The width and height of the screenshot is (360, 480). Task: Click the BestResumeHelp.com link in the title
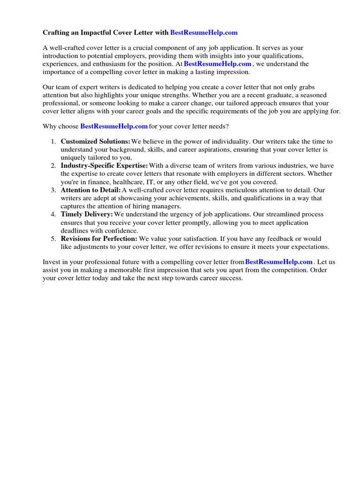[x=204, y=33]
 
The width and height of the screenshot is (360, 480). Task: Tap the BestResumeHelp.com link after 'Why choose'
[x=114, y=127]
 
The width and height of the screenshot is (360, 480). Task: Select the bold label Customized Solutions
[x=96, y=142]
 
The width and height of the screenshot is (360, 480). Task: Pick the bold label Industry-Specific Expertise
[x=104, y=166]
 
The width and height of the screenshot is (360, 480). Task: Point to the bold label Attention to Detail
[x=90, y=190]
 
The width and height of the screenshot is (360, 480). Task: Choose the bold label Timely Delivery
[x=87, y=215]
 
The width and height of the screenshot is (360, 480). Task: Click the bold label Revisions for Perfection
[x=99, y=239]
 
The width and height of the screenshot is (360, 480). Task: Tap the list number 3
[x=53, y=190]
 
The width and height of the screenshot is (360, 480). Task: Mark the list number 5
[x=53, y=239]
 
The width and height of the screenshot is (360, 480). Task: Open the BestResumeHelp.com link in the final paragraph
[x=278, y=262]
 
